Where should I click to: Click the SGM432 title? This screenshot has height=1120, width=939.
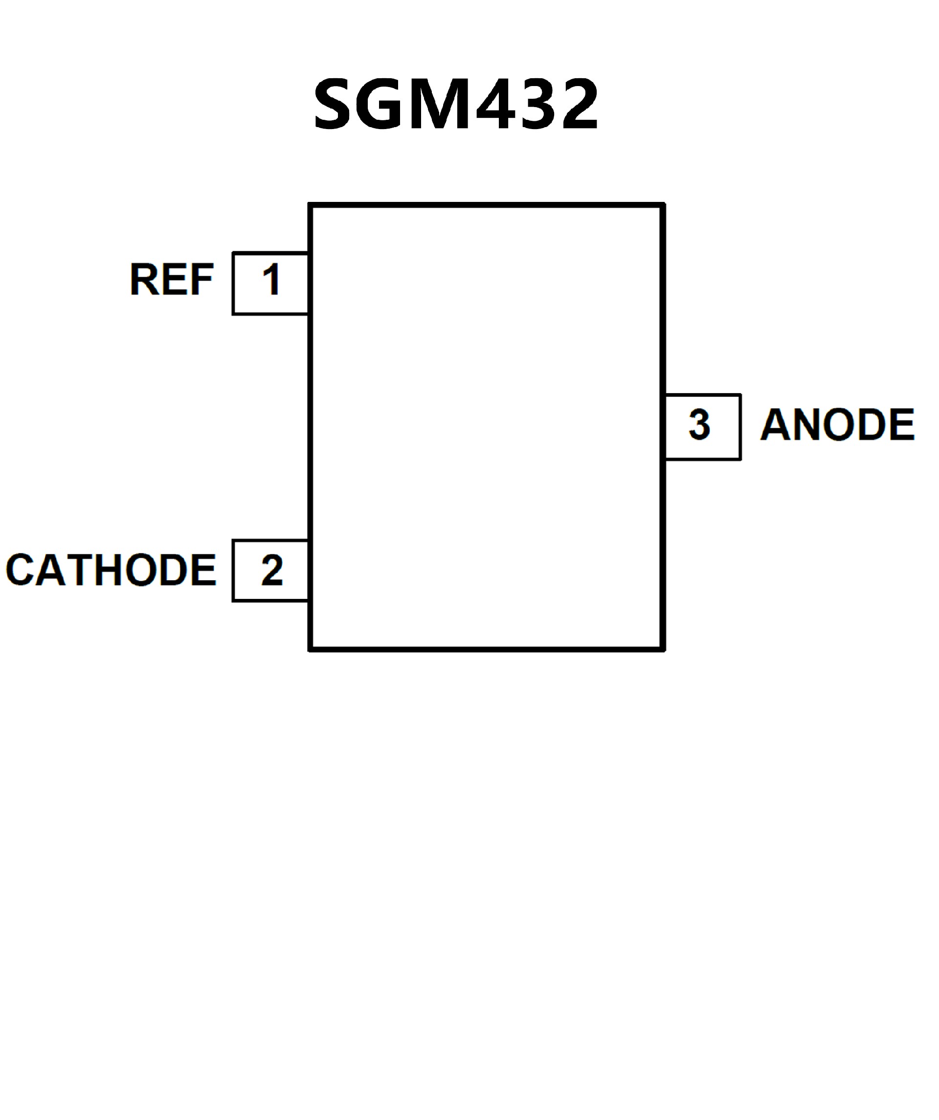456,104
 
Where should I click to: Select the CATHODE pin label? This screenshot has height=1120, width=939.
111,570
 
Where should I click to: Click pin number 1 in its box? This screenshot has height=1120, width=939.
271,280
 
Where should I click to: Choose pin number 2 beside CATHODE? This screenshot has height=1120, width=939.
271,570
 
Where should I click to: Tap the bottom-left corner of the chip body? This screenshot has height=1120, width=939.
311,649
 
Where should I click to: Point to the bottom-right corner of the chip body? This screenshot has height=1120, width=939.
663,649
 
